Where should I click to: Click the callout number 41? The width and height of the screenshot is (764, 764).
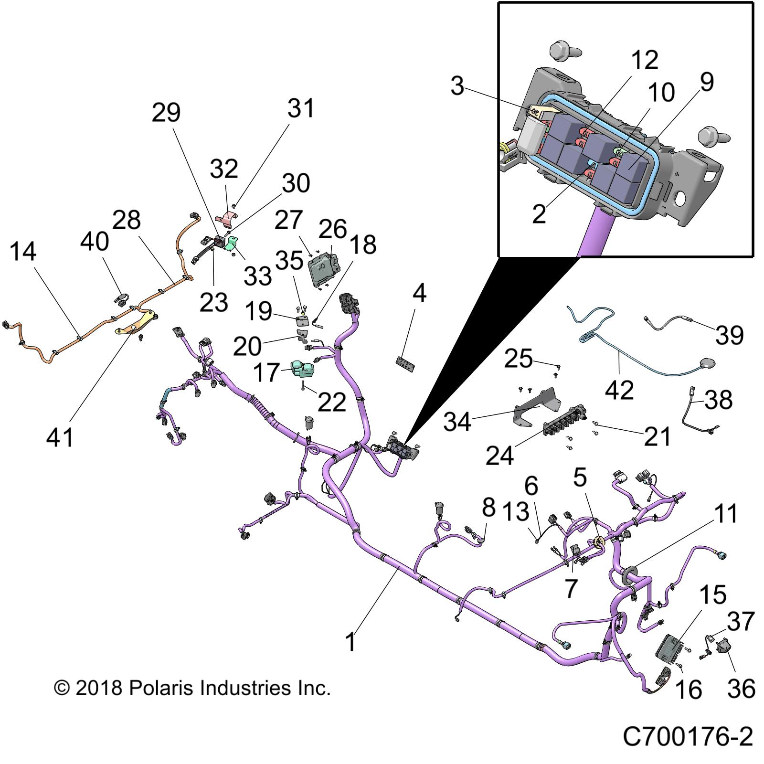point(60,437)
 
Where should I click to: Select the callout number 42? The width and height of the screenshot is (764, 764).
point(619,390)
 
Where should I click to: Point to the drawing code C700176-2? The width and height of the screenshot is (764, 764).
point(688,737)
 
